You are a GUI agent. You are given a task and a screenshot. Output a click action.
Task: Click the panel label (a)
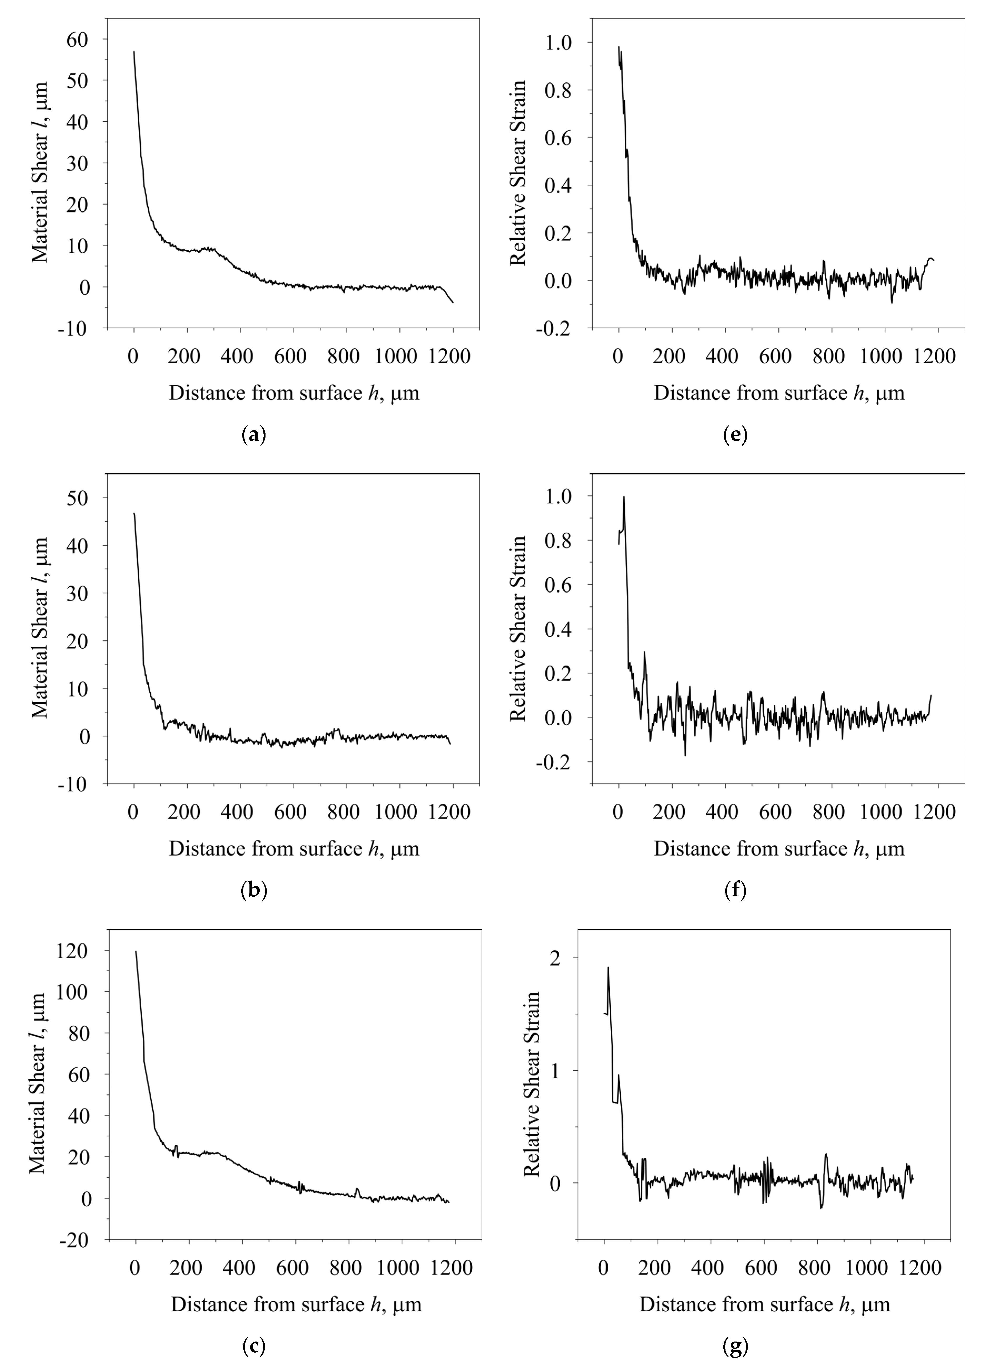[253, 435]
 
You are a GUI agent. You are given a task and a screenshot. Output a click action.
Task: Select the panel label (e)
[735, 435]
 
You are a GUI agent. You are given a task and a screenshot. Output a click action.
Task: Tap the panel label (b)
[253, 890]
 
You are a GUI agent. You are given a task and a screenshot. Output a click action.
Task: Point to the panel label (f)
[735, 890]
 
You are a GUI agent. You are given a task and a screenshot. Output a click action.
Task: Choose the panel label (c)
[253, 1346]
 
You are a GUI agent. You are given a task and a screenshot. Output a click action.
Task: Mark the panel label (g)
[735, 1346]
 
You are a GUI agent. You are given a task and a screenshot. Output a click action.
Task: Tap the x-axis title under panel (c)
[296, 1304]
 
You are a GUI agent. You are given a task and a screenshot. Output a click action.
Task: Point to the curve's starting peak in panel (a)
[134, 52]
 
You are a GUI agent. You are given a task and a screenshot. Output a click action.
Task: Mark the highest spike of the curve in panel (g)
[608, 968]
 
